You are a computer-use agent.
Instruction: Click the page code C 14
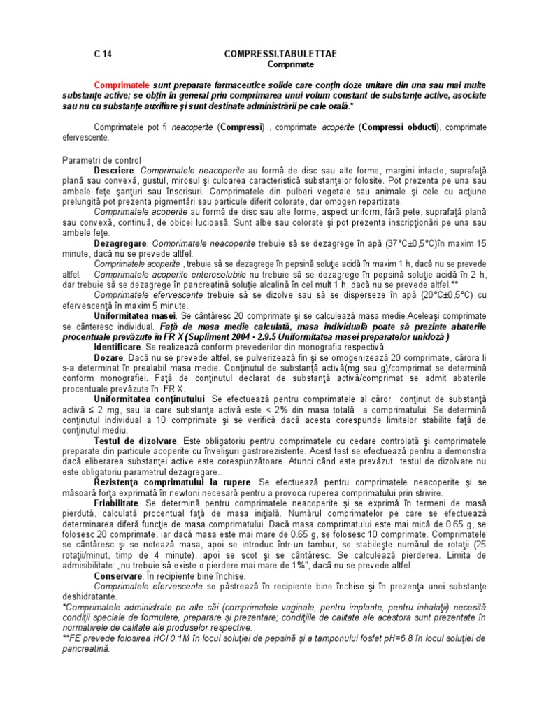[x=102, y=54]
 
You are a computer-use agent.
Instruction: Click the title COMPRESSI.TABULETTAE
[x=272, y=54]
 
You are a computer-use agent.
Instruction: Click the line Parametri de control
[x=101, y=160]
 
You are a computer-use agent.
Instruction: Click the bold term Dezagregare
[x=121, y=244]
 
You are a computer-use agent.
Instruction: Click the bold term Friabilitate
[x=117, y=503]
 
